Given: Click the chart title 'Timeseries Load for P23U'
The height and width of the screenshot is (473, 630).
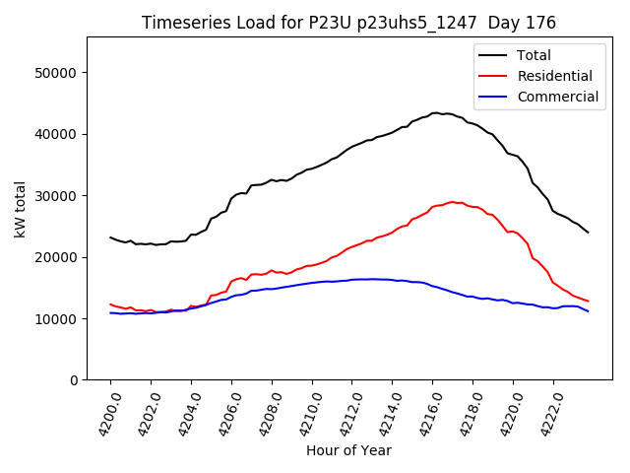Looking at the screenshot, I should pos(348,23).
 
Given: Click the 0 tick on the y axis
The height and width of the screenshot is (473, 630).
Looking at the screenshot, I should pos(74,380).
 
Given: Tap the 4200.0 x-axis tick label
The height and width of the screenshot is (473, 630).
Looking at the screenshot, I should pos(103,414).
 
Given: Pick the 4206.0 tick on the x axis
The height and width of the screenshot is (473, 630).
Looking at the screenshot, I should pos(224,414).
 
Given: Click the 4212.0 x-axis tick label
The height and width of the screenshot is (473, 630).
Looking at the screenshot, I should pos(345,414).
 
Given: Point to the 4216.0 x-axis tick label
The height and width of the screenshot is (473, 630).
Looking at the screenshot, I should pos(425,414).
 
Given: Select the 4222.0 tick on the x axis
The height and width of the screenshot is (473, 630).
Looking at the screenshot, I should pos(546,414).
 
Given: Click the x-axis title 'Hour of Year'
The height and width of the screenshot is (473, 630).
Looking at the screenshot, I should pos(348,451).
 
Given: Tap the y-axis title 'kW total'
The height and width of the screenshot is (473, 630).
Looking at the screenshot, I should pos(20,209).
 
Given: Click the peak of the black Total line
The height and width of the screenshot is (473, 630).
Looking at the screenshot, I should pos(435,113).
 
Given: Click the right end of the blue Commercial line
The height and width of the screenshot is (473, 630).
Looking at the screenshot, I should pos(588,311).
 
